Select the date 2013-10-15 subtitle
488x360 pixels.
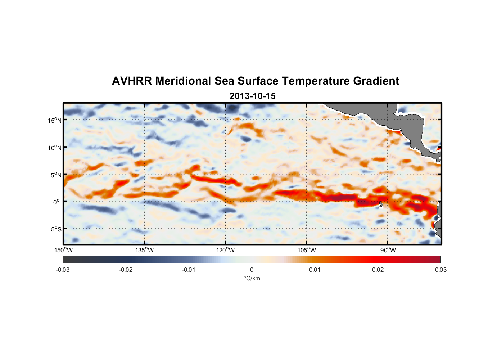pos(252,96)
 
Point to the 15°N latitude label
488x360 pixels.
pos(55,120)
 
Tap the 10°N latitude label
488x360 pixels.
pos(55,148)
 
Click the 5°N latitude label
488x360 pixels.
pos(56,175)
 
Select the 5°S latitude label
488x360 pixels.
pos(56,229)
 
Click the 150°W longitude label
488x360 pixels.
pos(64,250)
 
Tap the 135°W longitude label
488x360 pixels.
pos(145,250)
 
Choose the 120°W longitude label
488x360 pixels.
pos(226,250)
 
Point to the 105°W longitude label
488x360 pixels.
pos(307,250)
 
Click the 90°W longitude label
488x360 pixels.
pos(388,250)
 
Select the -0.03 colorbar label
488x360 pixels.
pos(63,270)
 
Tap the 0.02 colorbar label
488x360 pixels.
pos(378,270)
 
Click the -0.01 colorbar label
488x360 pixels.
pos(189,270)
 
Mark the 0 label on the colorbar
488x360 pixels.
pos(252,270)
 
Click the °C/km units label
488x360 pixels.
pos(252,278)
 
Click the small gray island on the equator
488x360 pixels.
pos(381,204)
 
